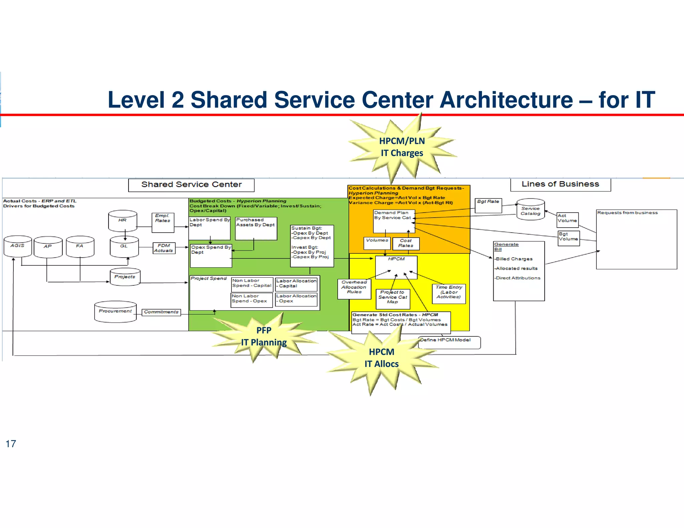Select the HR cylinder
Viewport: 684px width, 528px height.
coord(123,221)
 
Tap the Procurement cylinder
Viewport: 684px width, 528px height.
coord(115,312)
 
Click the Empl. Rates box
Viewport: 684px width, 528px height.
coord(163,223)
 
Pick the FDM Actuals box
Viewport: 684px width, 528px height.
coord(164,248)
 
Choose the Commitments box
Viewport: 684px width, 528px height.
coord(161,312)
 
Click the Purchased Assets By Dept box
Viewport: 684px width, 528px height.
coord(256,228)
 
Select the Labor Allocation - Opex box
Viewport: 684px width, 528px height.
coord(296,299)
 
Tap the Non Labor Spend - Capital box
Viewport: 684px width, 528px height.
coord(252,284)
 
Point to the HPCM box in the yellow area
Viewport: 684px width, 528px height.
coord(396,267)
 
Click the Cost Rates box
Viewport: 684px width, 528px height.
coord(406,243)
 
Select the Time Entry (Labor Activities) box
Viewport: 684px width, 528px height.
coord(449,293)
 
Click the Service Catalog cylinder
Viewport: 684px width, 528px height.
coord(530,210)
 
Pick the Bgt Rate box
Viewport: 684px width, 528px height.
coord(488,205)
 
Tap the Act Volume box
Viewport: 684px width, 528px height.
coord(567,220)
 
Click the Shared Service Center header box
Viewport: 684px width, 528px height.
coord(191,185)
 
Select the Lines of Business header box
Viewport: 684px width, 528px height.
coord(560,184)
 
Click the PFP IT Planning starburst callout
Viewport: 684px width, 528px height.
coord(264,336)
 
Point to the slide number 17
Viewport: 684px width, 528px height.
coord(11,444)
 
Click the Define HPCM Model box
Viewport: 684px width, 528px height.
coord(449,342)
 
